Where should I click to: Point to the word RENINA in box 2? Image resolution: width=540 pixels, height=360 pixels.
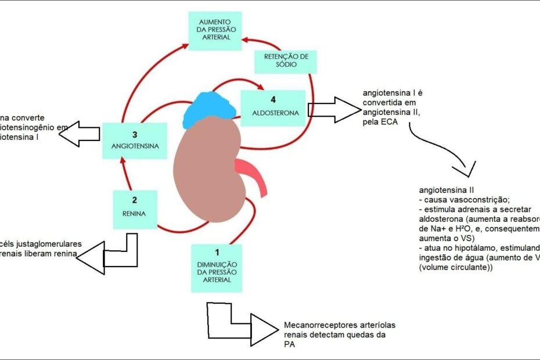[x=135, y=213]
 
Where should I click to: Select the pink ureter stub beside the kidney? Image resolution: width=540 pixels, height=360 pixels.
[x=255, y=177]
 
